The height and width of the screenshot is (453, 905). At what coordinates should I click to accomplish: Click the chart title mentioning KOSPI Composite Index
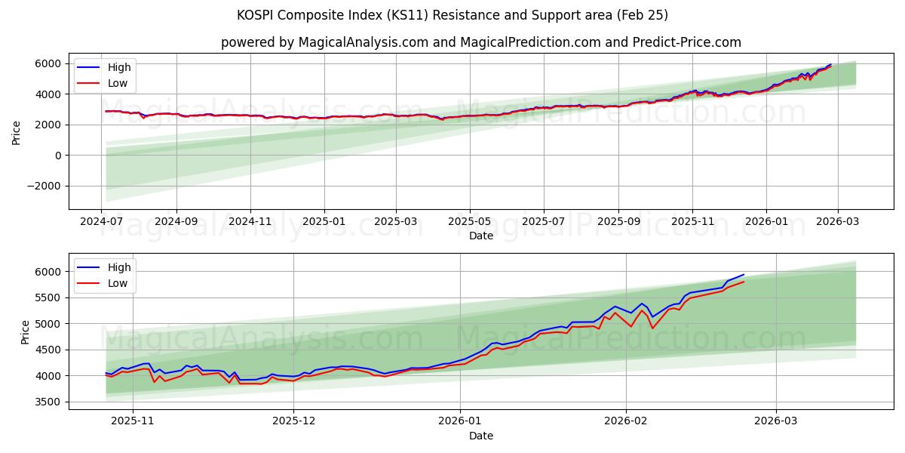click(452, 15)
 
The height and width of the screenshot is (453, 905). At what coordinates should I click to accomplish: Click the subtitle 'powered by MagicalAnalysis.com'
click(481, 42)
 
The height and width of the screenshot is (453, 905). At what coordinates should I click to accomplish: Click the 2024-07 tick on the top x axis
click(102, 221)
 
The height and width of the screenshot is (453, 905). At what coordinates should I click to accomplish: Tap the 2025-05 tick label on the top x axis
click(470, 221)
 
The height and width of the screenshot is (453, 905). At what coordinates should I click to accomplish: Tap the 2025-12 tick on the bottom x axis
click(294, 421)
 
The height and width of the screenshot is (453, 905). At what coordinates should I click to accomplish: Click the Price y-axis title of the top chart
click(17, 132)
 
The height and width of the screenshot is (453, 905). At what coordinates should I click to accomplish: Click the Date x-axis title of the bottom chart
click(481, 436)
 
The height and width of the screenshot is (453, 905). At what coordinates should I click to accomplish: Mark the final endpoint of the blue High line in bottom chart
click(744, 275)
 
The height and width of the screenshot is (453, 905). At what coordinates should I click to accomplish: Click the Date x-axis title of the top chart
click(481, 236)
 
